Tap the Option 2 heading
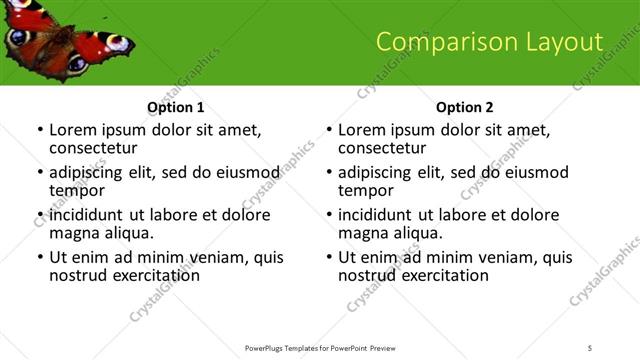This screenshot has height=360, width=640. [x=464, y=106]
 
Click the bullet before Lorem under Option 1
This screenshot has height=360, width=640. [x=40, y=131]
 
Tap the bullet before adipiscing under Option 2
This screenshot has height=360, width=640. [x=329, y=173]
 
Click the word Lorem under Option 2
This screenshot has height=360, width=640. [x=361, y=130]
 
